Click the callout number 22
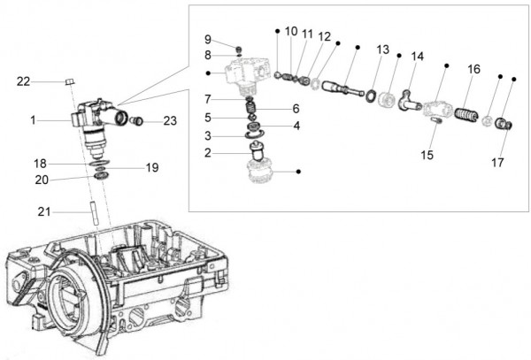[23, 81]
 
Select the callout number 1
[33, 119]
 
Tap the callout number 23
[169, 121]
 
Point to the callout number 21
[43, 211]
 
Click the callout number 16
[474, 69]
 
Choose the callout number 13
[382, 50]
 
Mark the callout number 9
[207, 40]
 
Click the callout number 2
[208, 153]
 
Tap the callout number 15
[427, 155]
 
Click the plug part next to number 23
[137, 120]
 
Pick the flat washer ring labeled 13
[368, 95]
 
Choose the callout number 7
[208, 98]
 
